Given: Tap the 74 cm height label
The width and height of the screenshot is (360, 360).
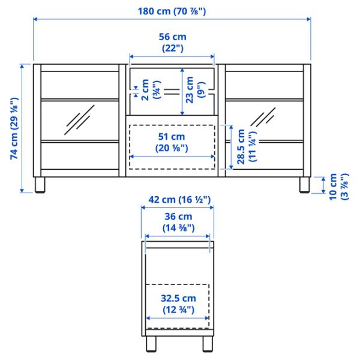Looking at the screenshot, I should click(x=13, y=127).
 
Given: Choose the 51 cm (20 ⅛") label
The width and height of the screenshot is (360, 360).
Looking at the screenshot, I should click(x=172, y=141).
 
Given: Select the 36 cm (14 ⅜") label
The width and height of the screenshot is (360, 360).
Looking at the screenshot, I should click(x=176, y=222).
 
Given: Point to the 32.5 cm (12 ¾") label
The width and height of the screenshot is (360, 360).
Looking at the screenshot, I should click(x=176, y=304).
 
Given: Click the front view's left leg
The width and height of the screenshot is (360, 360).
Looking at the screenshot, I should click(x=41, y=185).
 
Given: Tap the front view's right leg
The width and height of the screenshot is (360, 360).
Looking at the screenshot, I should click(x=304, y=185).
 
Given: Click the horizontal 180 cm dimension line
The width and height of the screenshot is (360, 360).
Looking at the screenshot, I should click(x=90, y=19).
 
